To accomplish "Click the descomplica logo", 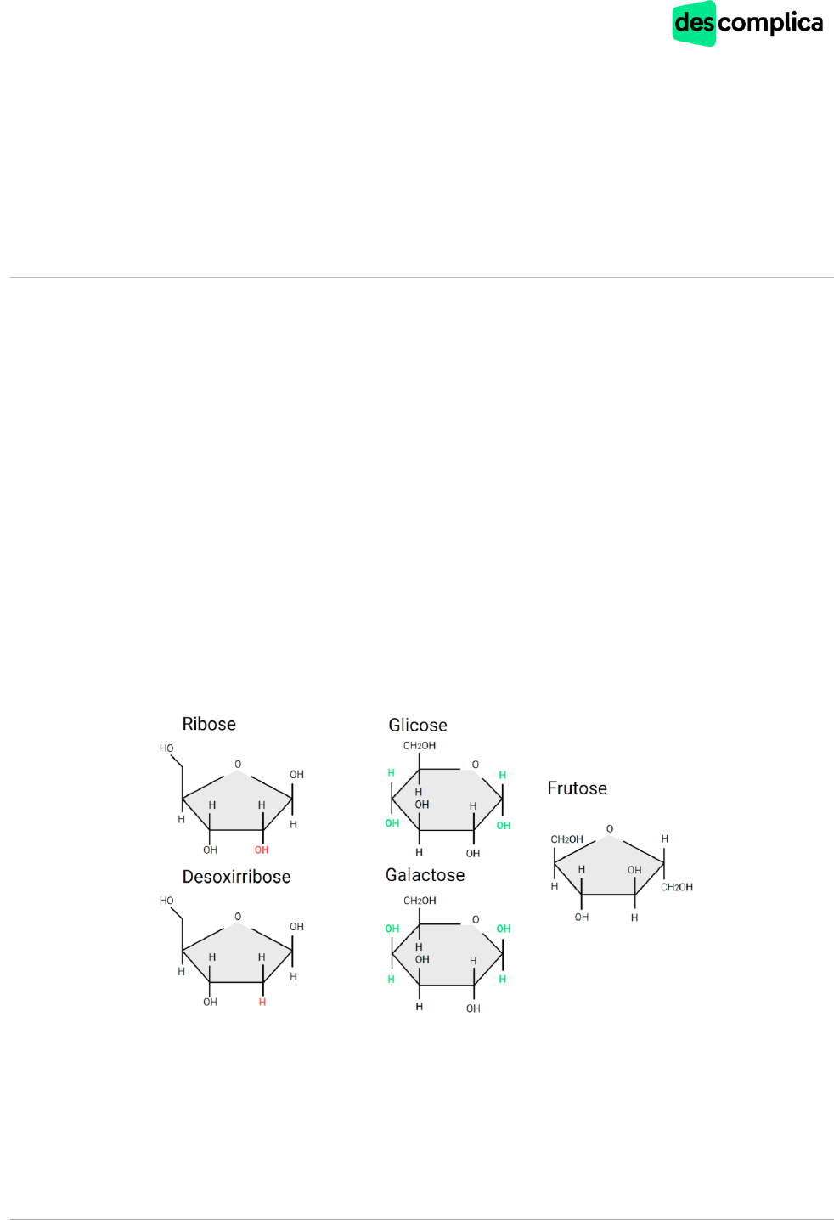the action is click(747, 24).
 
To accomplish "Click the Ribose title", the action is click(209, 724).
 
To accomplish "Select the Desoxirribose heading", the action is click(236, 876).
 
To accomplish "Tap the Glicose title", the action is click(418, 725).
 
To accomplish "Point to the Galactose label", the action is click(425, 875).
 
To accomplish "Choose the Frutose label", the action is click(577, 788).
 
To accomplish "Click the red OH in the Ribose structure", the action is click(262, 850).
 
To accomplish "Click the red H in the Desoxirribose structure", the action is click(262, 1002).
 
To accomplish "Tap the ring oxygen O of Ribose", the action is click(238, 764).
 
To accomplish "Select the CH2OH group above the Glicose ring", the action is click(420, 746).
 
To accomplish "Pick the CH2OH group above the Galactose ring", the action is click(420, 901).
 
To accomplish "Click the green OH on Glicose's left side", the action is click(392, 823).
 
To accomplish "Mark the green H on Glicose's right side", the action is click(503, 775).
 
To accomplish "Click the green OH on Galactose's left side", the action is click(392, 928).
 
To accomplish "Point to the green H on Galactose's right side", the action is click(503, 979).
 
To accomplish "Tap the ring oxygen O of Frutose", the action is click(610, 828).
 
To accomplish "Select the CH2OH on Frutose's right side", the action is click(677, 887).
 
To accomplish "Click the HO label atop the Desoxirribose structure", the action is click(166, 901).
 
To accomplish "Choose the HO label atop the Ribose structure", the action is click(166, 748).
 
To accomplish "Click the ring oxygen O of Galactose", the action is click(476, 919).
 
